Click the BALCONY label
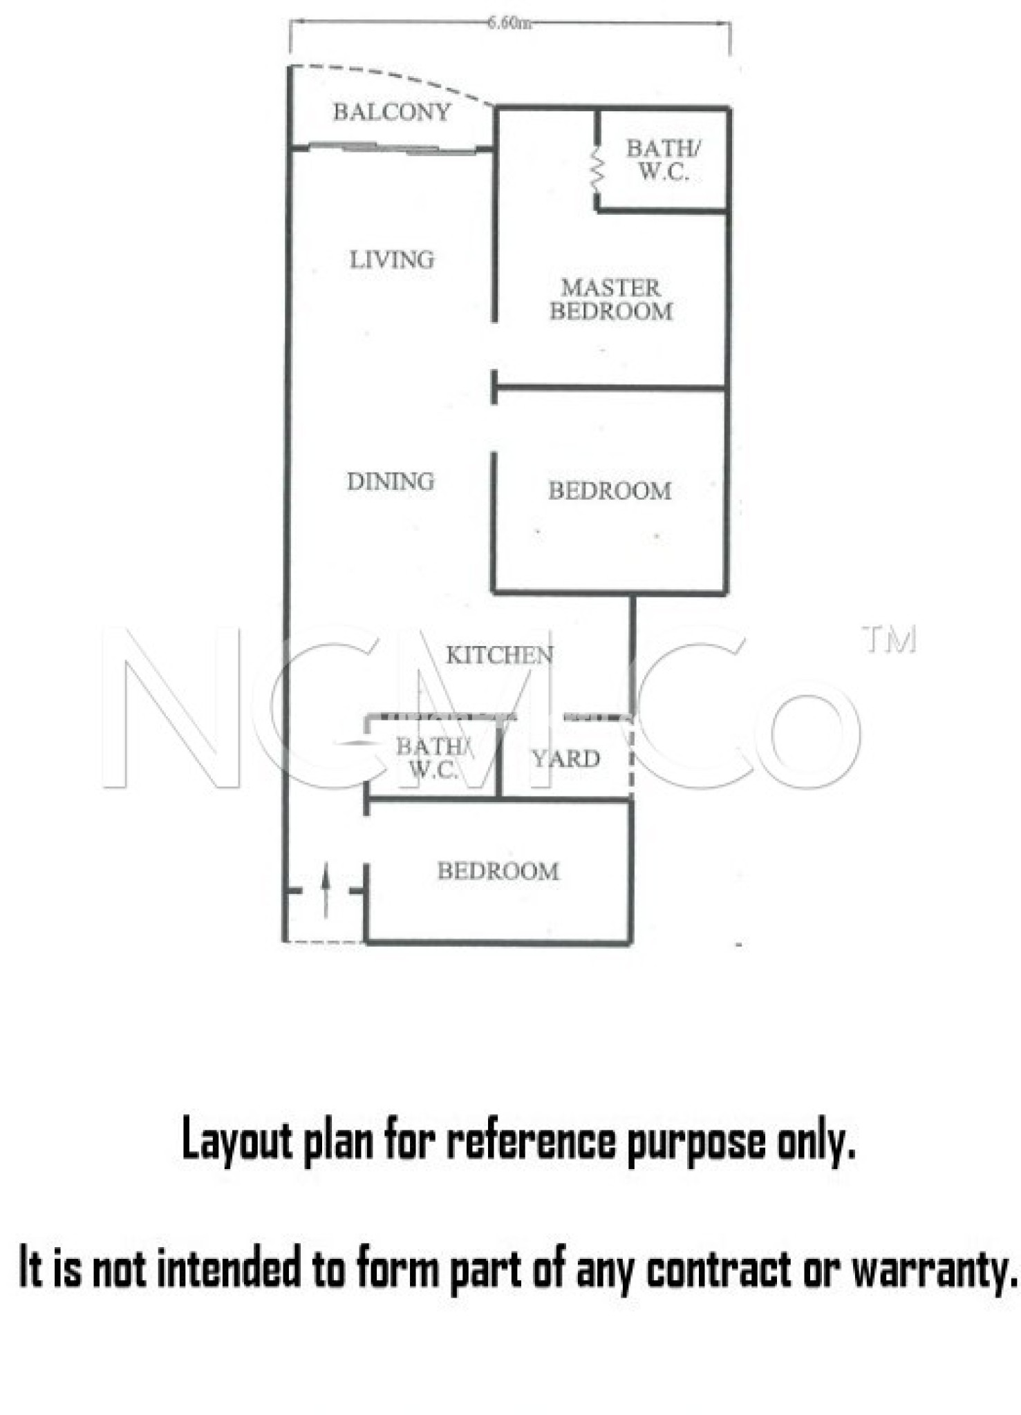click(391, 111)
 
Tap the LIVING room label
click(392, 260)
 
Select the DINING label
click(391, 481)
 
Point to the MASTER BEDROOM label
click(611, 299)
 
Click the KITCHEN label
click(499, 655)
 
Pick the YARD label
click(565, 759)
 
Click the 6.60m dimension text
click(509, 23)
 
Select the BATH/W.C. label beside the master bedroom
click(663, 160)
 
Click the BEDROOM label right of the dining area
click(610, 491)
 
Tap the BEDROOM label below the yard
click(498, 871)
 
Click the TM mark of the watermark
click(889, 640)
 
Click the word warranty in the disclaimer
click(935, 1269)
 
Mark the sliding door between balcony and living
click(392, 147)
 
